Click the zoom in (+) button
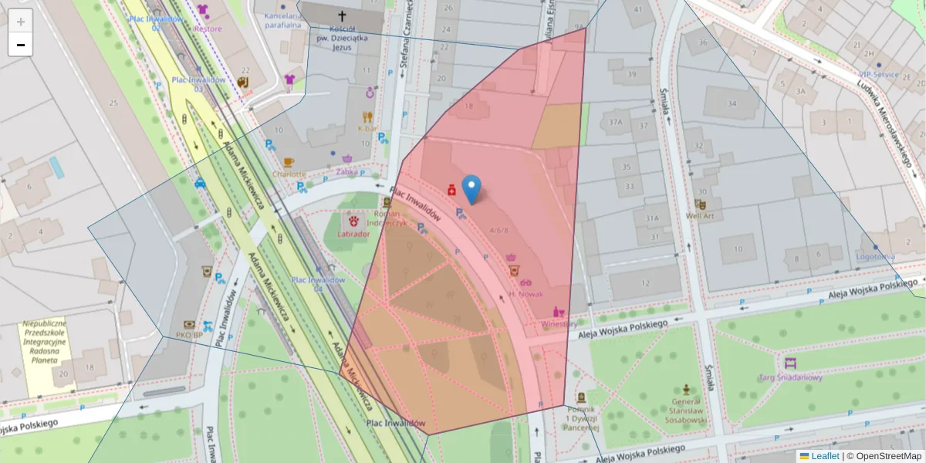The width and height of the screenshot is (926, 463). (20, 22)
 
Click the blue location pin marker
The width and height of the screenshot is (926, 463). (471, 188)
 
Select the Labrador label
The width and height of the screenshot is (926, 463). (353, 234)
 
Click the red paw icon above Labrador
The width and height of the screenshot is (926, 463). (353, 221)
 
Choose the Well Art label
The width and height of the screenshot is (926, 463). (701, 217)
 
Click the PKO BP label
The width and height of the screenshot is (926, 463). (189, 335)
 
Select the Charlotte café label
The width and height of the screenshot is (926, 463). (289, 174)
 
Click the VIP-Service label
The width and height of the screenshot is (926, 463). (879, 74)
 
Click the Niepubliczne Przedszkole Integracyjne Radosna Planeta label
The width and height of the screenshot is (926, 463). (44, 342)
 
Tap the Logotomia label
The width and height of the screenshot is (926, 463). (876, 256)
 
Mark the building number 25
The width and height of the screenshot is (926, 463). (113, 103)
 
